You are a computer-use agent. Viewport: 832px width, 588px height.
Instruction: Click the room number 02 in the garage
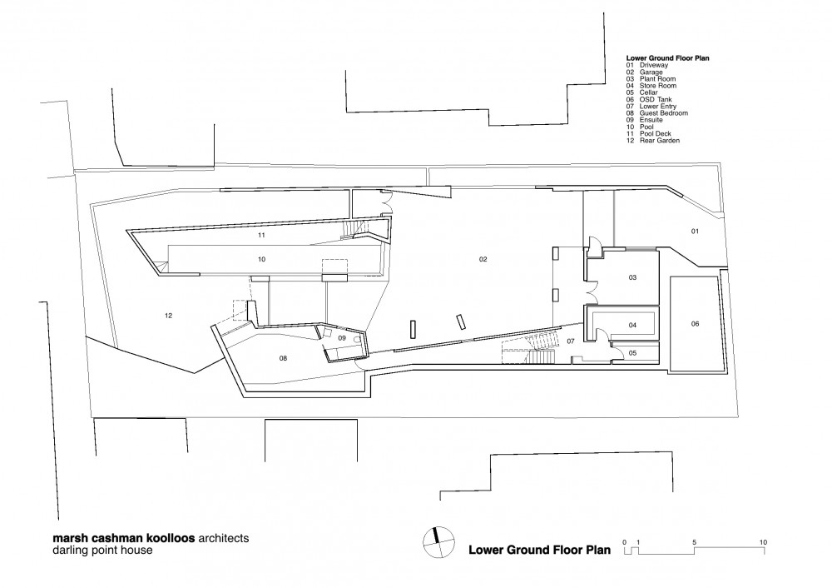[x=483, y=259]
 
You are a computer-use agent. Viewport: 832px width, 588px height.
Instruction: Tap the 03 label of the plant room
[x=632, y=277]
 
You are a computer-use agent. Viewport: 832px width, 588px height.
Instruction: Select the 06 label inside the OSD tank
[x=695, y=323]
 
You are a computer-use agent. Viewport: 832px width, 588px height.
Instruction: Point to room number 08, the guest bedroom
[x=283, y=358]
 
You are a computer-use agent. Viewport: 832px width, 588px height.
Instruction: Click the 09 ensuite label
[x=342, y=338]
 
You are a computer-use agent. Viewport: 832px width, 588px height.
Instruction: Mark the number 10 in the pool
[x=261, y=259]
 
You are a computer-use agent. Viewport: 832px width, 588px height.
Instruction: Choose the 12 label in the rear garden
[x=168, y=316]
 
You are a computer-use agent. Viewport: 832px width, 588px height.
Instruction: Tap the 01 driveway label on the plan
[x=695, y=231]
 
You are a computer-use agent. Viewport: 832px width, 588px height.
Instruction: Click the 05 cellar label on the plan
[x=632, y=352]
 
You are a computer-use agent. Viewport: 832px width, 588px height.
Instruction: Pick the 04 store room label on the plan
[x=632, y=325]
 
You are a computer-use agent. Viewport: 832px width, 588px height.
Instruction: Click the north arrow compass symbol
[x=438, y=542]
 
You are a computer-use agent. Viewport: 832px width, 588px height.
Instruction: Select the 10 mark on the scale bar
[x=763, y=542]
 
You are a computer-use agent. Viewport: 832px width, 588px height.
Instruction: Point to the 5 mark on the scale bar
[x=694, y=542]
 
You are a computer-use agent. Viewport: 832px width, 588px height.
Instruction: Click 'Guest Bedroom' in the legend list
[x=664, y=113]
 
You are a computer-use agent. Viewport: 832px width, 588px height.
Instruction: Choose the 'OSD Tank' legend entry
[x=656, y=99]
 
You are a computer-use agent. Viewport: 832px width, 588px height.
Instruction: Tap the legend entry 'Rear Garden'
[x=660, y=141]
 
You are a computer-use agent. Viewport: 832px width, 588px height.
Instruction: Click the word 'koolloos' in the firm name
[x=171, y=537]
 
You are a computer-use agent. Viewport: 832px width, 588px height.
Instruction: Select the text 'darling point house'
[x=102, y=551]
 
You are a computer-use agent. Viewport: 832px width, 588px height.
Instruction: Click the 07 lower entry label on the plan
[x=571, y=341]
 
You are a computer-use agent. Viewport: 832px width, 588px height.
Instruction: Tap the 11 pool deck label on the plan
[x=261, y=235]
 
